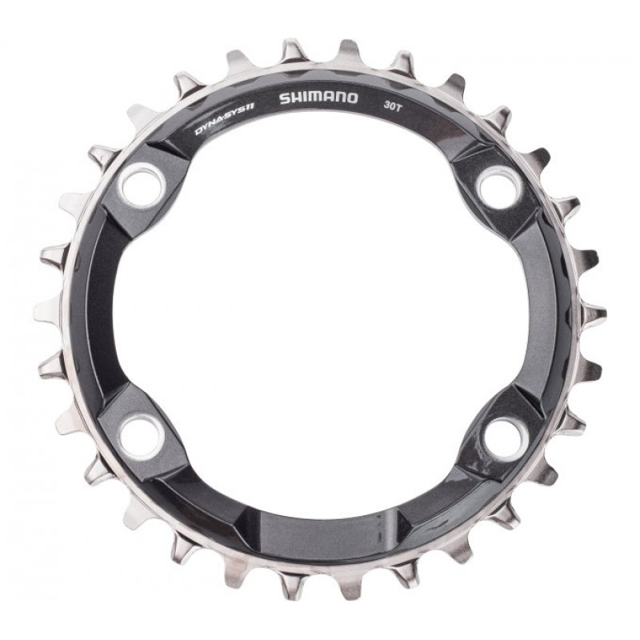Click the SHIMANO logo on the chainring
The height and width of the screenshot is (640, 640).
coord(318,98)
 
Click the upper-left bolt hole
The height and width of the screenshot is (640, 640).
coord(142,185)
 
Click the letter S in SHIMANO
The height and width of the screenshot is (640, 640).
coord(285,99)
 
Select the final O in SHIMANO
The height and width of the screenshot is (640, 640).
coord(352,98)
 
